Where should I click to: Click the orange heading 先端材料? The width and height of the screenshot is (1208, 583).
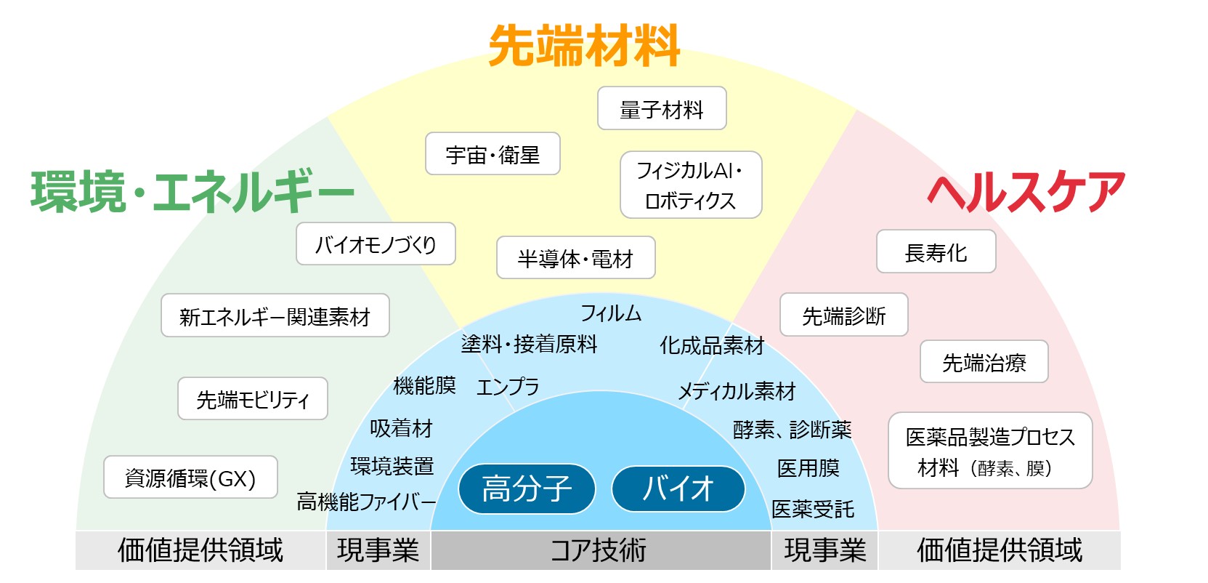pyautogui.click(x=584, y=46)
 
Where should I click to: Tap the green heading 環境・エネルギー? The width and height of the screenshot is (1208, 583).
pyautogui.click(x=192, y=192)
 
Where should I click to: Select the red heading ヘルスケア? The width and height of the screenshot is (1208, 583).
pyautogui.click(x=1026, y=193)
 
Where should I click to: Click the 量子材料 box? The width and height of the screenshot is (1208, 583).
pyautogui.click(x=662, y=109)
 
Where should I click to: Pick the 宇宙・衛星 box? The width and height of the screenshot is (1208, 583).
pyautogui.click(x=492, y=154)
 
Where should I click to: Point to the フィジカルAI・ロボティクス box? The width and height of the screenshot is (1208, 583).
pyautogui.click(x=691, y=185)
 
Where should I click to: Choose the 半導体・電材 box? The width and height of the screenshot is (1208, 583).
pyautogui.click(x=575, y=258)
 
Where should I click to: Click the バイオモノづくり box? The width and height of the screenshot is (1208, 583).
pyautogui.click(x=376, y=244)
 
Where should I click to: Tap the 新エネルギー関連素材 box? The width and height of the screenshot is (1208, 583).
pyautogui.click(x=275, y=316)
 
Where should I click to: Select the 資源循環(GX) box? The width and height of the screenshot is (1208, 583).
pyautogui.click(x=190, y=478)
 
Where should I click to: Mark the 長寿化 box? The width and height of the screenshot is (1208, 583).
pyautogui.click(x=936, y=252)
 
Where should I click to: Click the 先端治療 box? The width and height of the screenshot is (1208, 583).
pyautogui.click(x=984, y=362)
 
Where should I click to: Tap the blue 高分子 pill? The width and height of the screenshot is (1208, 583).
pyautogui.click(x=527, y=488)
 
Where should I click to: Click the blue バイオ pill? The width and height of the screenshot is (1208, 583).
pyautogui.click(x=678, y=488)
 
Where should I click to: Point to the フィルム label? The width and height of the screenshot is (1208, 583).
pyautogui.click(x=611, y=313)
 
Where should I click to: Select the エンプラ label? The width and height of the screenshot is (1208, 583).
pyautogui.click(x=508, y=387)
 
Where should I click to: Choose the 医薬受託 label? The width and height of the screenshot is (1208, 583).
pyautogui.click(x=812, y=509)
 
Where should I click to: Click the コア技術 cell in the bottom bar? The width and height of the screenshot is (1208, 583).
pyautogui.click(x=599, y=550)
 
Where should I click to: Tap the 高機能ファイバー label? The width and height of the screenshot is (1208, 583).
pyautogui.click(x=366, y=501)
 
